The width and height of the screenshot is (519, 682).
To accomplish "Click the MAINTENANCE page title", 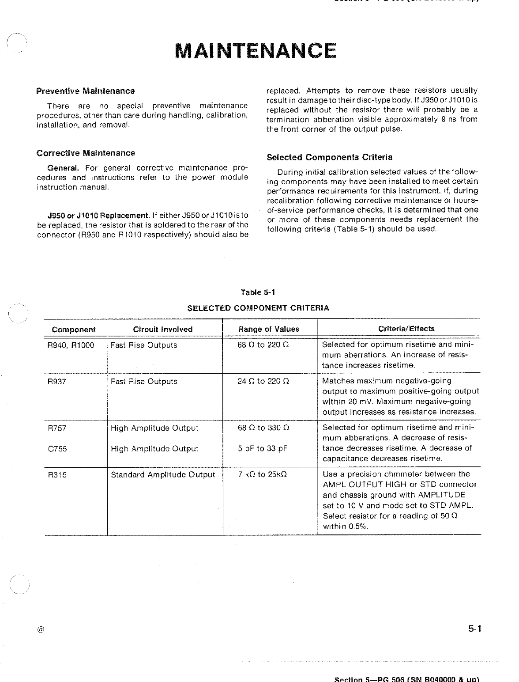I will [x=256, y=51].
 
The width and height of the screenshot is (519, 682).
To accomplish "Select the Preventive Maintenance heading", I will [x=85, y=91].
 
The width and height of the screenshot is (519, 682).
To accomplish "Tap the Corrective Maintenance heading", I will [x=86, y=153].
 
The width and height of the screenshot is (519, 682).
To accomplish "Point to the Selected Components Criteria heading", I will [x=329, y=157].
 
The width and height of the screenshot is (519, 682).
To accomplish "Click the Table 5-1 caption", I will [x=258, y=292].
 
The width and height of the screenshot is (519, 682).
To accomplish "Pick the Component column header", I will [x=73, y=330].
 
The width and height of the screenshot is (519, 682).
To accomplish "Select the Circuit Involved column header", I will [x=163, y=329].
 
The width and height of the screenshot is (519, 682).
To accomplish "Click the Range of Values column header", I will [x=268, y=329].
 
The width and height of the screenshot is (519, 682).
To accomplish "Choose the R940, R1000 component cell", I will [x=71, y=345].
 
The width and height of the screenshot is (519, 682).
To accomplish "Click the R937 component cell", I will [x=56, y=381].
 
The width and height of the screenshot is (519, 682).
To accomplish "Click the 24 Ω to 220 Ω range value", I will [x=263, y=381].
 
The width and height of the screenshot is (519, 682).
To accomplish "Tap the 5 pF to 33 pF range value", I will [x=263, y=449].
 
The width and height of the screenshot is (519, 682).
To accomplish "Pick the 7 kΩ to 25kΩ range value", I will [x=262, y=475].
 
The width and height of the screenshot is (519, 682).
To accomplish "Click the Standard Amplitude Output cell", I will [x=162, y=475].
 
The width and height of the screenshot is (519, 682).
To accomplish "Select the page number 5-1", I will [x=474, y=629].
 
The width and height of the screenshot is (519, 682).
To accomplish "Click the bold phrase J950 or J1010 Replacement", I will [x=99, y=216].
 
